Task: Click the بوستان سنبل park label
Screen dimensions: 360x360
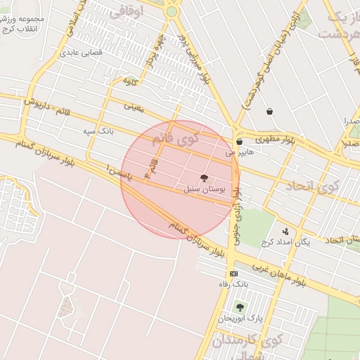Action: click(x=204, y=190)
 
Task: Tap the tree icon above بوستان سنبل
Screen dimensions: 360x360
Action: click(x=205, y=179)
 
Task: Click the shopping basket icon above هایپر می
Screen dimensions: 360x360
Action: click(x=240, y=141)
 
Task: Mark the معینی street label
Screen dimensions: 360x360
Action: click(x=134, y=108)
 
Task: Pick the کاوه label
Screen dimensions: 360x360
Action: click(x=131, y=82)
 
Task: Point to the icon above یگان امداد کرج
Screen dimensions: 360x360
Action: click(x=285, y=231)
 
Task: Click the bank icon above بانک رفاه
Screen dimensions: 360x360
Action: click(x=233, y=274)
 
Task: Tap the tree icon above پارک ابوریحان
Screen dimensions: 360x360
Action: click(x=240, y=307)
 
